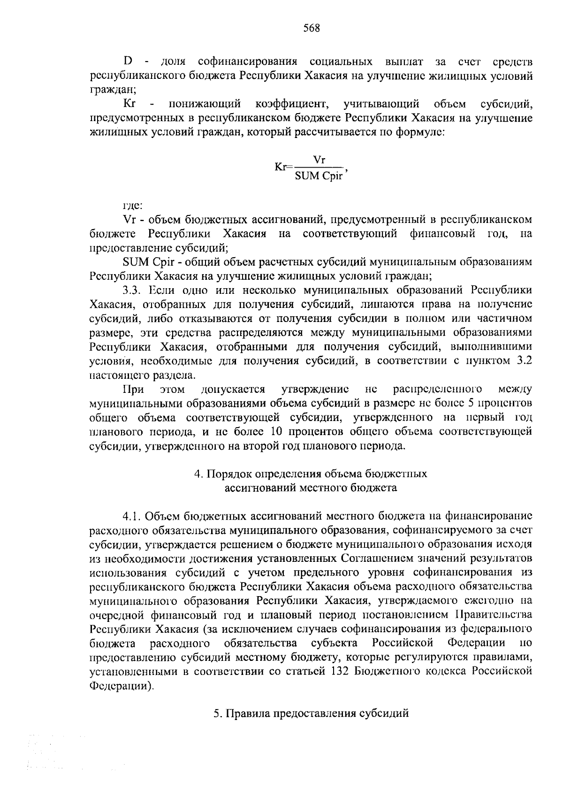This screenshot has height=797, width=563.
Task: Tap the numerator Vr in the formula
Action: [319, 160]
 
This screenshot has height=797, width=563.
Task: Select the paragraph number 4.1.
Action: [132, 516]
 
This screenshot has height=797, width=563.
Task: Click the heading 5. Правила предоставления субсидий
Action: [311, 713]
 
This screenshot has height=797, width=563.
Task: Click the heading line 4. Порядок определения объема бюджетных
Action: [311, 474]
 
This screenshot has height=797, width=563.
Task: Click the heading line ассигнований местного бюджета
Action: [311, 488]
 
